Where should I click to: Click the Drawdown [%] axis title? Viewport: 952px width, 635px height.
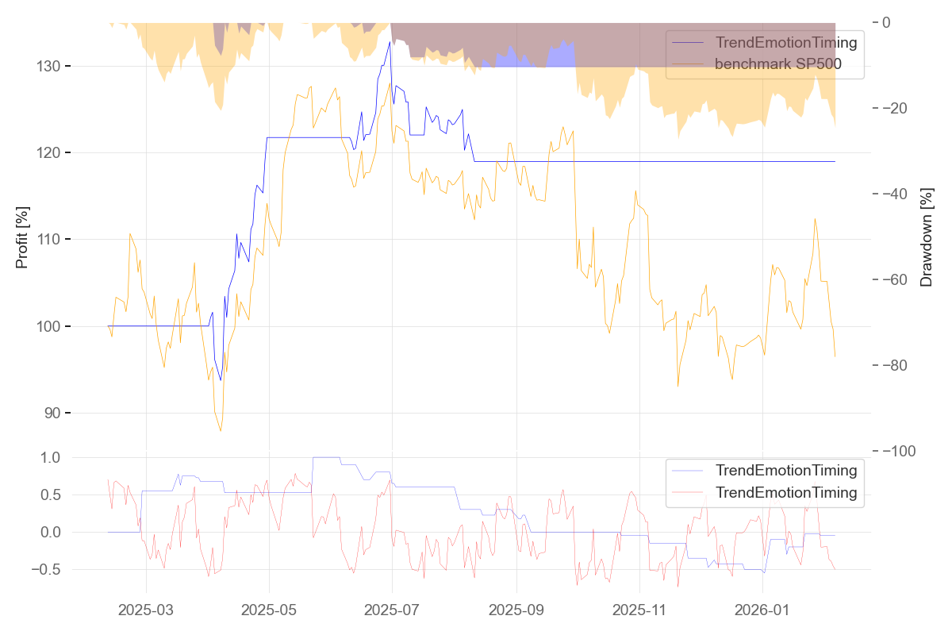pos(926,237)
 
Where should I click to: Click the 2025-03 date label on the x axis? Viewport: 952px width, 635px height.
pos(146,610)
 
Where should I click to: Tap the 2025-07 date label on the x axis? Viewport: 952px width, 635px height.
pos(392,610)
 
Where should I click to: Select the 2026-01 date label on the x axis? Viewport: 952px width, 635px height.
pos(762,610)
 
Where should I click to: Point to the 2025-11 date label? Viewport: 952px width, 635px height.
pos(639,610)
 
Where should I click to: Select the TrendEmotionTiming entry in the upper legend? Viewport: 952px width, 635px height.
pos(786,42)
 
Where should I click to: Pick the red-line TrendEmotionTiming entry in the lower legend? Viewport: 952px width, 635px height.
pos(786,493)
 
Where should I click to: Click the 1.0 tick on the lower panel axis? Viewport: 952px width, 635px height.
pos(50,458)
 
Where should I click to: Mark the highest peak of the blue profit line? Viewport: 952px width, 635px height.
pos(390,41)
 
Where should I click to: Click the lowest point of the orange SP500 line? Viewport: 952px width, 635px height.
pos(221,431)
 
